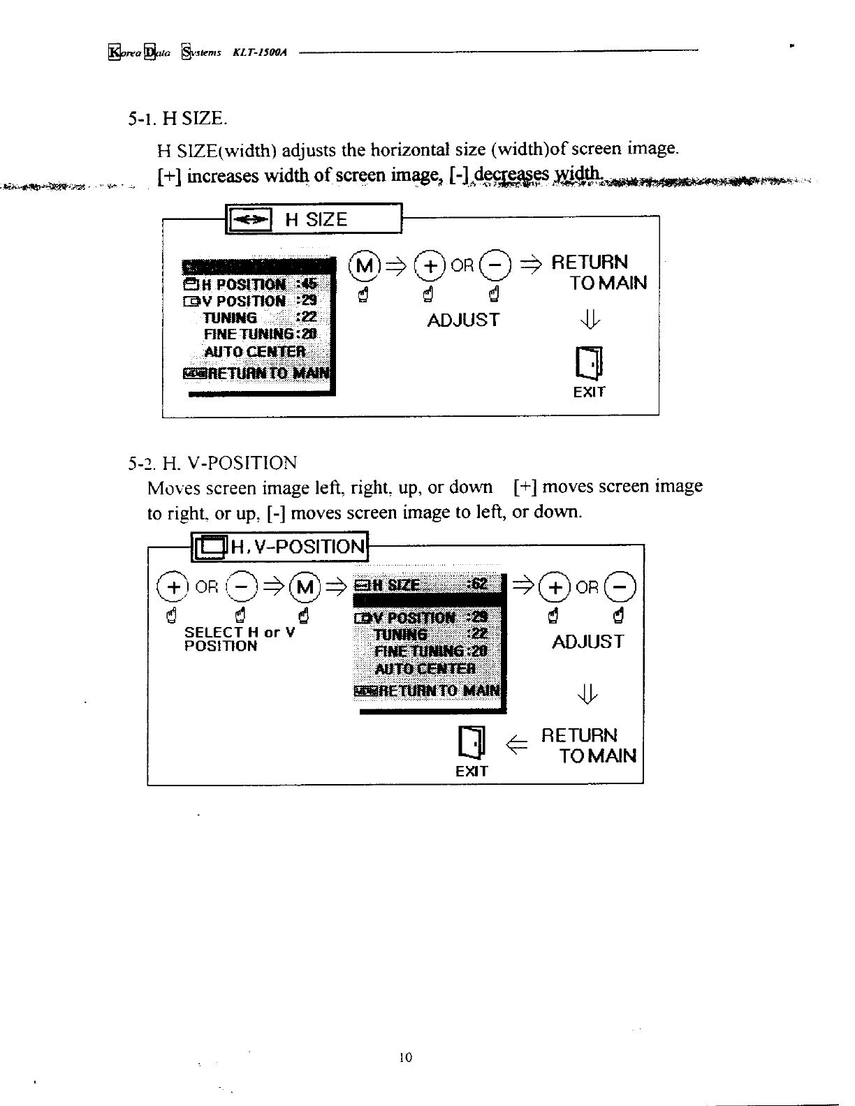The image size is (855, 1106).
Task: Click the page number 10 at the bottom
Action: tap(406, 1057)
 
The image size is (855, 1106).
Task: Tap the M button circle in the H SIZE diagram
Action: tap(367, 265)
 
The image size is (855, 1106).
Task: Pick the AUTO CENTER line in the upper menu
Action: tap(254, 351)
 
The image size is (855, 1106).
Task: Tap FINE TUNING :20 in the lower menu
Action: tap(430, 651)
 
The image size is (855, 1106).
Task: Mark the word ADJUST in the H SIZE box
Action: tap(463, 320)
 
